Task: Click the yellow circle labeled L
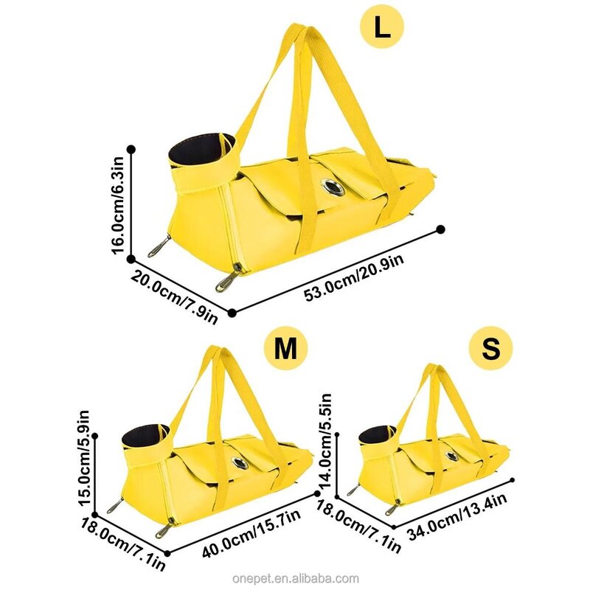(381, 28)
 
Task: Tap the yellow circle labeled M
(284, 349)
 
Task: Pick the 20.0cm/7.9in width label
(176, 296)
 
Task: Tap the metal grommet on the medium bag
(240, 463)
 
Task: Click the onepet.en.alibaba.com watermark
(313, 578)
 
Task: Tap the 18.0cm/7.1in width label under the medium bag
(124, 542)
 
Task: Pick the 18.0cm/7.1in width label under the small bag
(359, 525)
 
